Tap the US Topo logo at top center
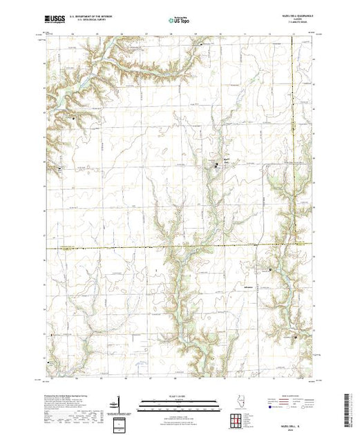(180, 21)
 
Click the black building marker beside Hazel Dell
(216, 165)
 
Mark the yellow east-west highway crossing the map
(138, 246)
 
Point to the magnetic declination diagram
(120, 403)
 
